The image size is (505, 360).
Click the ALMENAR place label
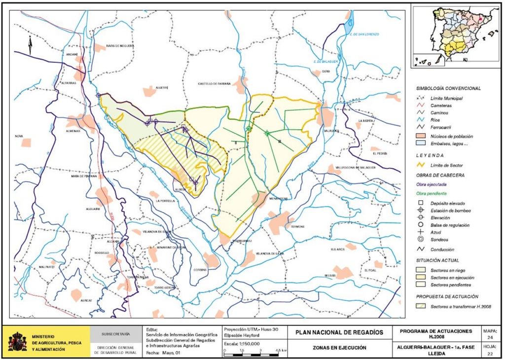73,132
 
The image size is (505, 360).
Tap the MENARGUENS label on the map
279,198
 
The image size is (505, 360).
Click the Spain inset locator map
455,36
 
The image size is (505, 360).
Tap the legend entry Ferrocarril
441,127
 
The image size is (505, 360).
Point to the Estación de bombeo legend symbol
420,211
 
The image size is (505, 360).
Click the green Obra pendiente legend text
434,193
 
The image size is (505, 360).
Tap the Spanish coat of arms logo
17,341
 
